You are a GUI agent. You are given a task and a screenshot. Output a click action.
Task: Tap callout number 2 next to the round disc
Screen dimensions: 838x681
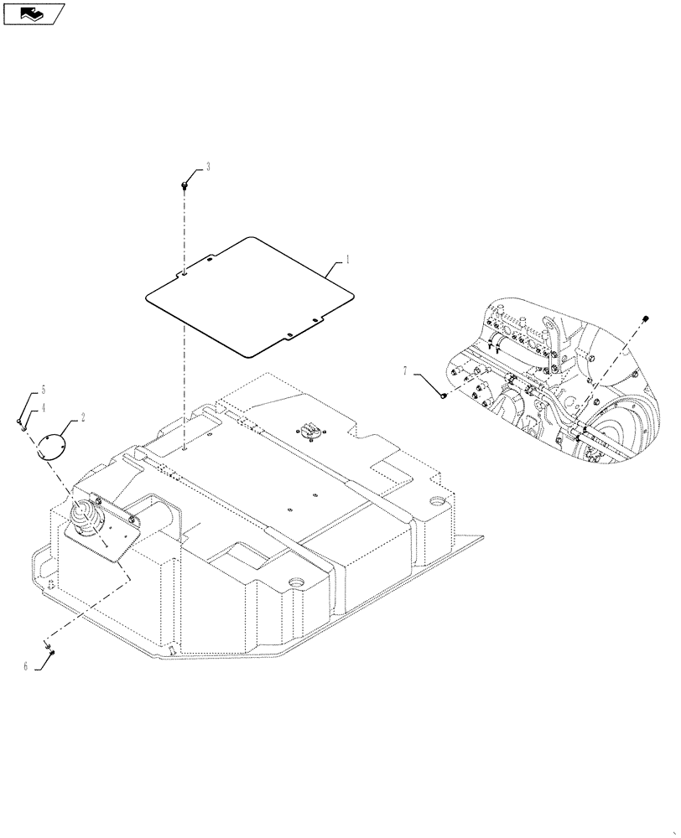(82, 416)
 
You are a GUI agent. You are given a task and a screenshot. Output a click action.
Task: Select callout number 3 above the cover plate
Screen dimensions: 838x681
(207, 167)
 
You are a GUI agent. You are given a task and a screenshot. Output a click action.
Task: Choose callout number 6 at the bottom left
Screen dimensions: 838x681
(25, 666)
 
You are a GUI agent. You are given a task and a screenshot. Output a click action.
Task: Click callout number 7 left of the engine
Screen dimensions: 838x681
(405, 370)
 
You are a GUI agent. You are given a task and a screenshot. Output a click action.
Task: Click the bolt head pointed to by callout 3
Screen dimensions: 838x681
(184, 184)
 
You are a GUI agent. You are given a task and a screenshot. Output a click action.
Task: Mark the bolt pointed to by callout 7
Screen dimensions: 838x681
(442, 396)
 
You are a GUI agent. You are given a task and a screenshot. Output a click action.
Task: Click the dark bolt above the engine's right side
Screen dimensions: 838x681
(647, 318)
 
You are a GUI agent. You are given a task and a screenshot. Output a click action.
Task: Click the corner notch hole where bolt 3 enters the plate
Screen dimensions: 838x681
(184, 273)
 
